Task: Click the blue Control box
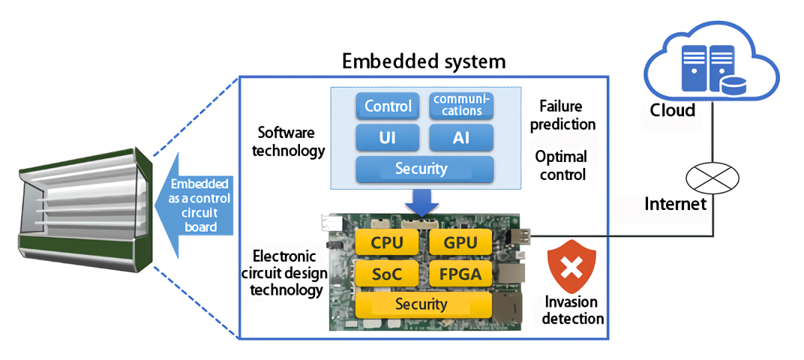coord(388,106)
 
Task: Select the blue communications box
coord(461,106)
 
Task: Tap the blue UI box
coord(388,138)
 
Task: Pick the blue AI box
coord(461,138)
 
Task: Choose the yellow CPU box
coord(388,242)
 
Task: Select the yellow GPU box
coord(460,242)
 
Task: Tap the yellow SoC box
coord(388,274)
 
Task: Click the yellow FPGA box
coord(460,274)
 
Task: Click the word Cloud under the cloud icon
coord(673,110)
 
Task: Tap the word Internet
coord(676,203)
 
